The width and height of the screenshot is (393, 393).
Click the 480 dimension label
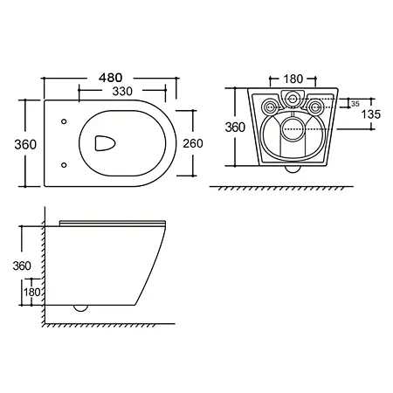click(110, 78)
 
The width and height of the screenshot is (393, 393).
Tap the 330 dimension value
click(122, 92)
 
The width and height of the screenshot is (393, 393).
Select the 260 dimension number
click(193, 143)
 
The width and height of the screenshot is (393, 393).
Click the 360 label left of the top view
click(25, 144)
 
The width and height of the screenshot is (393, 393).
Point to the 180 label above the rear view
click(293, 79)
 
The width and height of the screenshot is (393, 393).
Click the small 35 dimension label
click(355, 104)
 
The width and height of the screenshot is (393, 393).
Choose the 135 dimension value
click(371, 114)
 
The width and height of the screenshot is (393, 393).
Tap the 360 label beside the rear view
click(235, 128)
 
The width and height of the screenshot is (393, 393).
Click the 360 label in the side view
click(22, 265)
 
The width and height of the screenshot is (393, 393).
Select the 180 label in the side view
click(32, 292)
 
